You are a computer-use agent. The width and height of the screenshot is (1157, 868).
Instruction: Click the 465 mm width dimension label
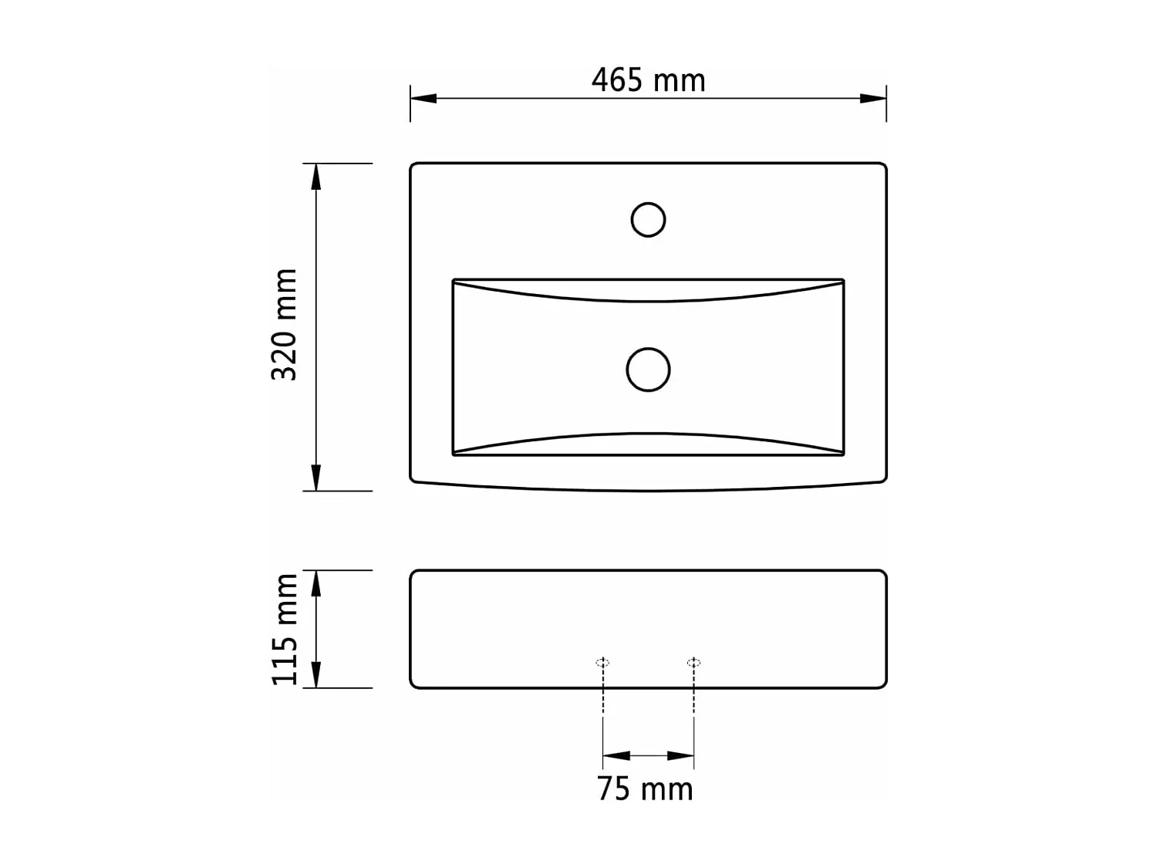click(648, 80)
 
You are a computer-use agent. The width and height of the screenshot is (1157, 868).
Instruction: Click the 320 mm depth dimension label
click(285, 324)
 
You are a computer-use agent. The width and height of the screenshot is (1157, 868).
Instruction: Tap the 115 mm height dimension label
click(285, 629)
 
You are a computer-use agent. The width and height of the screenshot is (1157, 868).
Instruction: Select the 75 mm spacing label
click(645, 789)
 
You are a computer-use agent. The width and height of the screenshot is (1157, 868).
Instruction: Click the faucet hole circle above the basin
click(648, 220)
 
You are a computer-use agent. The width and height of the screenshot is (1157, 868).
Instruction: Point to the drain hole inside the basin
click(648, 370)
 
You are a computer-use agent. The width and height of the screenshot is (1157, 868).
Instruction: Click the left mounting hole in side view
click(603, 662)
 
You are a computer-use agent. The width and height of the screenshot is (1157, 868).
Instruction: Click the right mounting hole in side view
click(693, 662)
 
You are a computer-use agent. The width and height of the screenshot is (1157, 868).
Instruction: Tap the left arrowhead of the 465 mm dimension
click(423, 98)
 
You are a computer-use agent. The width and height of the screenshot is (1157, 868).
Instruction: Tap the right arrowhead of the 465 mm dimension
click(873, 98)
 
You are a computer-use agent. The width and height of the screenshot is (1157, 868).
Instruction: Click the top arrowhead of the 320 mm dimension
click(315, 177)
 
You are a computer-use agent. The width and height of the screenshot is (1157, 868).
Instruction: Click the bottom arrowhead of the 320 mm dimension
click(315, 478)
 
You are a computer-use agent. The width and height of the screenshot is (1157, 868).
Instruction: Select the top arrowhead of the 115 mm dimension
click(315, 584)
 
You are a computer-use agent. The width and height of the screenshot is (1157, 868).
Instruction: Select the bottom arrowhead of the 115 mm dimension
click(315, 674)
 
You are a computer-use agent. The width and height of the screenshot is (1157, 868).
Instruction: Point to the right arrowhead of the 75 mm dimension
click(680, 756)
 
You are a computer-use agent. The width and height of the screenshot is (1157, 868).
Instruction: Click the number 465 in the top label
click(616, 80)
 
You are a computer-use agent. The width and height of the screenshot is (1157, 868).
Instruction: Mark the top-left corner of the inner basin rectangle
click(454, 280)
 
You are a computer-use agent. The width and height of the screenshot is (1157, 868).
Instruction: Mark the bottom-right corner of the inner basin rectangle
click(843, 454)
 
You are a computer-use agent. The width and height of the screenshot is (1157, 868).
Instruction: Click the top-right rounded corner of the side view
click(882, 574)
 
